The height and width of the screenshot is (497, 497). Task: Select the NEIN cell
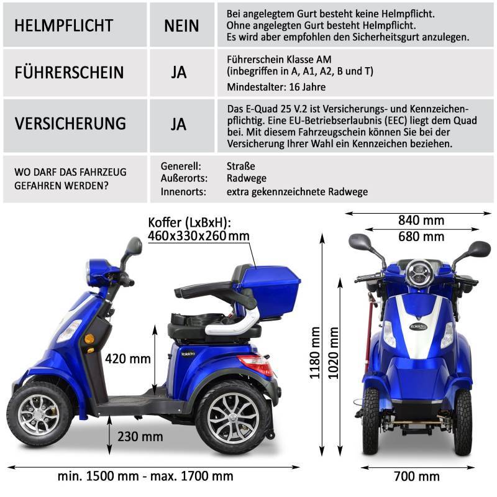coord(181,25)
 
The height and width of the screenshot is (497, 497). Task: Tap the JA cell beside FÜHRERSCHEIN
coord(179,72)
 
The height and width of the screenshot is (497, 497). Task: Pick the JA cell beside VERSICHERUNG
coord(179,124)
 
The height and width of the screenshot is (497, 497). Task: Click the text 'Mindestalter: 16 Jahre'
coord(276,86)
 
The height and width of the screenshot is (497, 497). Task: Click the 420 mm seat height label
coord(128,358)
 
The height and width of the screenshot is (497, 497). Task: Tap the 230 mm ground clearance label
coord(143,437)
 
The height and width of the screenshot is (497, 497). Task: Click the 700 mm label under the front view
coord(417,476)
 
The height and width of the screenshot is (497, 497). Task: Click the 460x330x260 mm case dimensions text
coord(198,236)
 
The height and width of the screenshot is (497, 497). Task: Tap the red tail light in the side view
coord(256,362)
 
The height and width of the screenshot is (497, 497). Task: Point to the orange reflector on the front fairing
coord(89,338)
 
